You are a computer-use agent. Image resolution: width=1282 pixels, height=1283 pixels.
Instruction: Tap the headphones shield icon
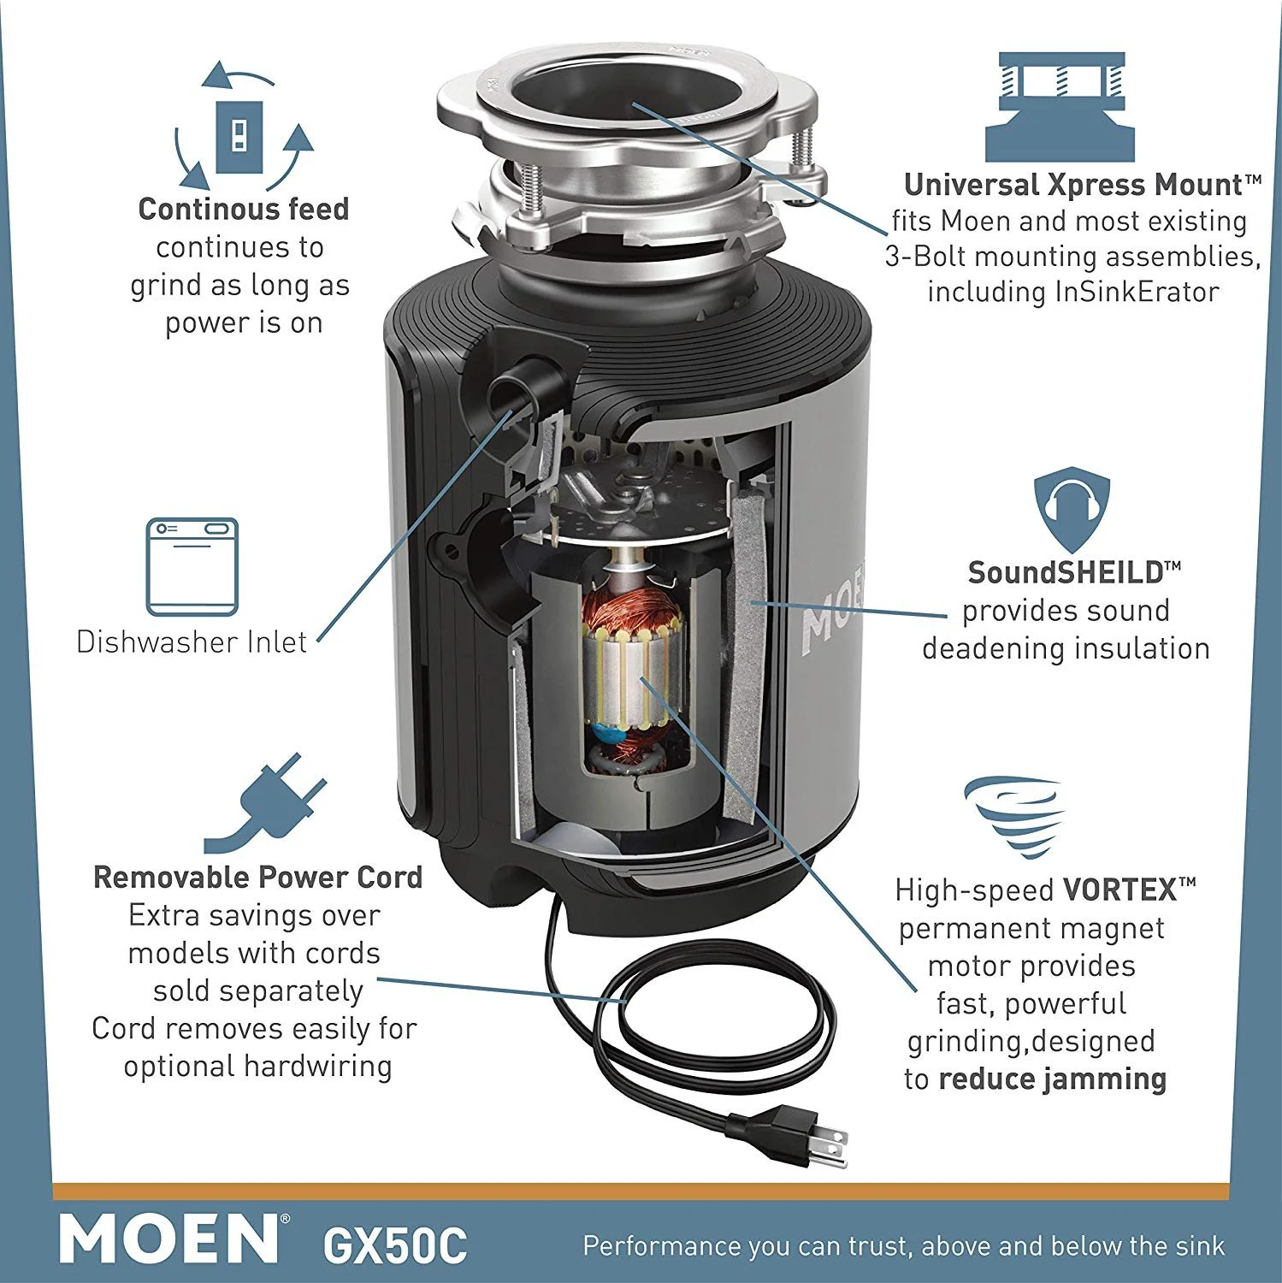pyautogui.click(x=1071, y=511)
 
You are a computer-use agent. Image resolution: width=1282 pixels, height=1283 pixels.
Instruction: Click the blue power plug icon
pyautogui.click(x=265, y=802)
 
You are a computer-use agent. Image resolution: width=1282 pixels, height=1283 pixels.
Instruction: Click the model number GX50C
pyautogui.click(x=395, y=1245)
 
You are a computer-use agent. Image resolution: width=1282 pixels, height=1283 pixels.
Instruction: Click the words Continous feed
pyautogui.click(x=244, y=209)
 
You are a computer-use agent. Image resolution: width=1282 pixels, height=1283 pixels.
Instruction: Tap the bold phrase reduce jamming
pyautogui.click(x=1052, y=1079)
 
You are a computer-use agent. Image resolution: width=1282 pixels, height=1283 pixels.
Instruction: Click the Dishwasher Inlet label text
pyautogui.click(x=192, y=641)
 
